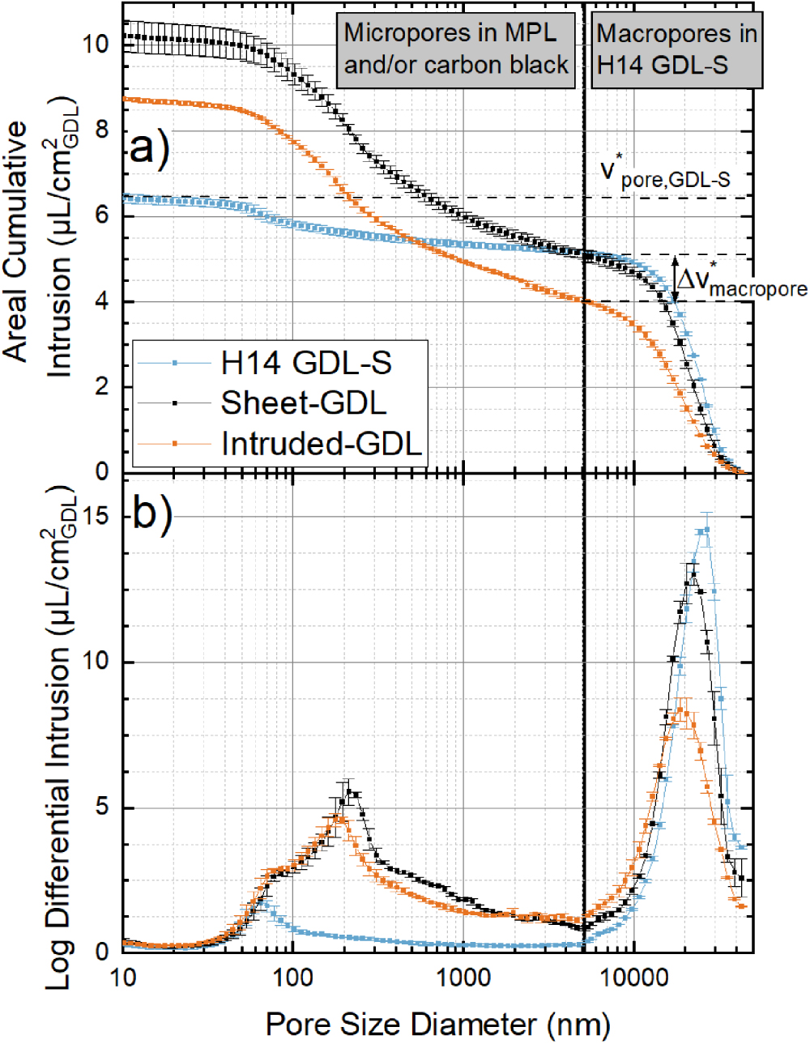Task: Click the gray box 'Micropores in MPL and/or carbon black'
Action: click(x=455, y=49)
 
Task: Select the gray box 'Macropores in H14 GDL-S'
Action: click(x=676, y=49)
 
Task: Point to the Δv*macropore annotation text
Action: click(x=741, y=280)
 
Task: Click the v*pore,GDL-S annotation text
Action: click(x=664, y=173)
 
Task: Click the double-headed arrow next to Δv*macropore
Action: click(x=675, y=279)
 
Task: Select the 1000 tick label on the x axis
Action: click(x=463, y=977)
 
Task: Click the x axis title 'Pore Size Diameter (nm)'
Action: click(x=437, y=1025)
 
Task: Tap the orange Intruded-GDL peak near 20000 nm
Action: click(x=681, y=710)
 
